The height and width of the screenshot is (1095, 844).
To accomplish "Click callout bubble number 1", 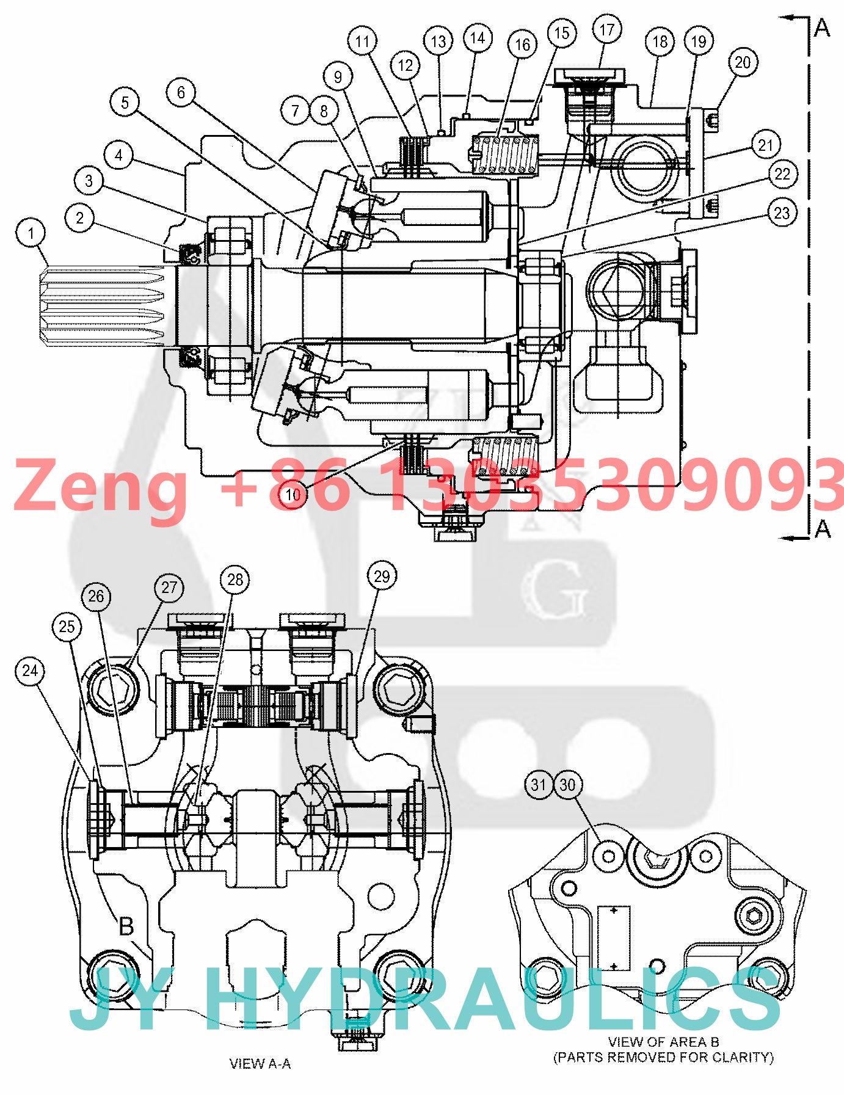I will click(31, 233).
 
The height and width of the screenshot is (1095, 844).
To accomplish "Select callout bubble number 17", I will click(606, 30).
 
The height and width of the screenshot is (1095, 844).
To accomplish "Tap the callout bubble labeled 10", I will click(293, 494).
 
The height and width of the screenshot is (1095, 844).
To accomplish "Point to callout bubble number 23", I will click(782, 213).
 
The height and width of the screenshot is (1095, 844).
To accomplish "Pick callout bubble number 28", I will click(235, 580).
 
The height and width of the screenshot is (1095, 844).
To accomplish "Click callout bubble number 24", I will click(30, 671).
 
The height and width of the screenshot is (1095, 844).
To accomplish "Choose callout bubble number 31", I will click(538, 785).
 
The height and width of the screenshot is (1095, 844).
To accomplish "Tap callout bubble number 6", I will click(181, 93).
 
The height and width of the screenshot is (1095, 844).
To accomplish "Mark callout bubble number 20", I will click(743, 62).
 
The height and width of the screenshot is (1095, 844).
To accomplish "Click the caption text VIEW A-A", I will click(260, 1064).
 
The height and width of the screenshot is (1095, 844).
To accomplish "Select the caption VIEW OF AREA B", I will click(663, 1041).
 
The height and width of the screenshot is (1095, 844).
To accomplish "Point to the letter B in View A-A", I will click(126, 926).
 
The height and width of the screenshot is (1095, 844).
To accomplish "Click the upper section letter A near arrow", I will click(823, 27).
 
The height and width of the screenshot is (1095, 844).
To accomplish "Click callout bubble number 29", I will click(382, 576).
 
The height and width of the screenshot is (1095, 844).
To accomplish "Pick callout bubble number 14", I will click(478, 38).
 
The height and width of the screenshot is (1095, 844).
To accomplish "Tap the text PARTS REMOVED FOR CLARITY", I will click(663, 1057).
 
